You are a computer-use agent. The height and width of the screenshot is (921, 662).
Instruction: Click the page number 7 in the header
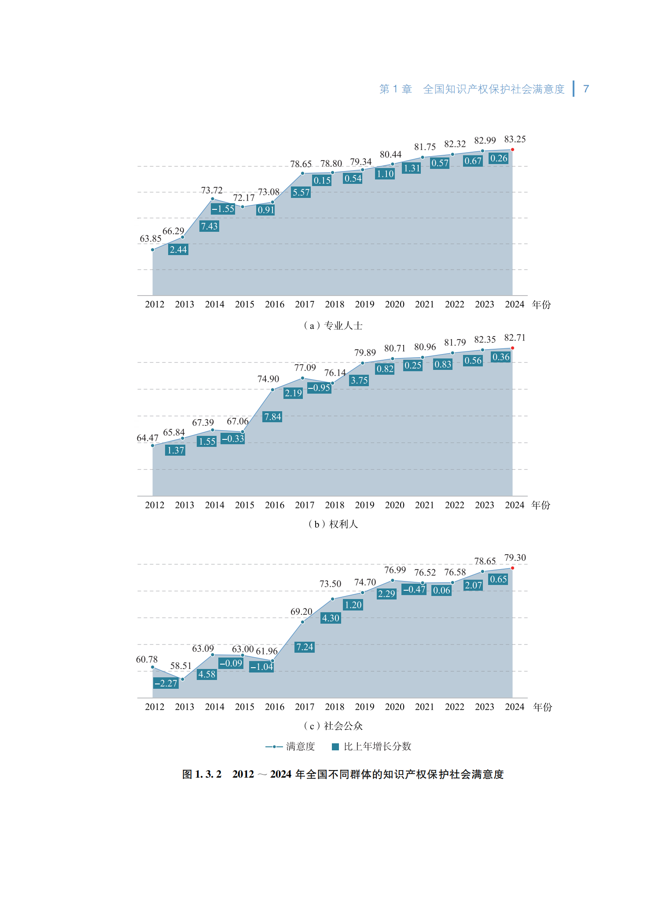[586, 89]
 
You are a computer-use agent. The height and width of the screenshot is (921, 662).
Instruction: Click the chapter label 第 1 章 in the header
[395, 89]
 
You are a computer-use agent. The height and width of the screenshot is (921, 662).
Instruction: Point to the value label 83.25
[515, 139]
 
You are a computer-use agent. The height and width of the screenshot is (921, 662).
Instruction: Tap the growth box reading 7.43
[209, 226]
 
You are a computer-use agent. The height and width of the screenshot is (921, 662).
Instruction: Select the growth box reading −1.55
[223, 209]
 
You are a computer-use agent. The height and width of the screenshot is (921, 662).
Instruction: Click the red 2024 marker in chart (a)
[512, 150]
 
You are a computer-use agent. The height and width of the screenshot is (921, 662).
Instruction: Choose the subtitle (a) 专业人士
[333, 325]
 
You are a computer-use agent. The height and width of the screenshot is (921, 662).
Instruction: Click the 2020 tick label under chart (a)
[394, 304]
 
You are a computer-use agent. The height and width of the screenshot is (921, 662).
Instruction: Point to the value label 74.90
[268, 379]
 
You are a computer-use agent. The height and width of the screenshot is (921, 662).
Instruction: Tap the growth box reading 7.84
[272, 417]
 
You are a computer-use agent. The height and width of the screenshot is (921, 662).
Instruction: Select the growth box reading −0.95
[319, 387]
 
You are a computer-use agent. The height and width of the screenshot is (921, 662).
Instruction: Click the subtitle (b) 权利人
[333, 524]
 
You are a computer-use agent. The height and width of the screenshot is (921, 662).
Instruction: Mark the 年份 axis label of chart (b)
[541, 505]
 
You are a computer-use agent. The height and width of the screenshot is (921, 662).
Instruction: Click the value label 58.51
[180, 666]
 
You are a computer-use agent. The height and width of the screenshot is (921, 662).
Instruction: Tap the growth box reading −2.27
[166, 683]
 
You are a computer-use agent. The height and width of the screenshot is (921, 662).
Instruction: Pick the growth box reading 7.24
[305, 647]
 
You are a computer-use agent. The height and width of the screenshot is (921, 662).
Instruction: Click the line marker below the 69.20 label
[302, 622]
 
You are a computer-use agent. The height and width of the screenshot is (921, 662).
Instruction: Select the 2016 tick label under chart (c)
[274, 707]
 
